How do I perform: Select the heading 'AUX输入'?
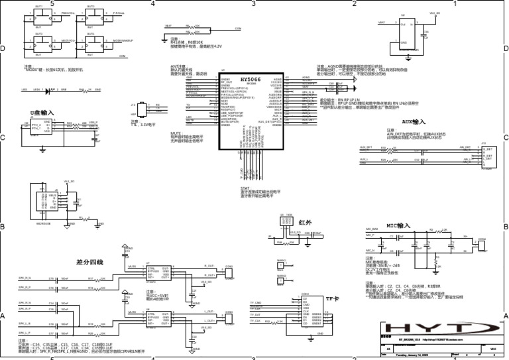coord(414,122)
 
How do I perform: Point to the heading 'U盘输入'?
coord(42,113)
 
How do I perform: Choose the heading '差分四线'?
coord(90,263)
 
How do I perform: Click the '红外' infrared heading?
coord(305,222)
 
